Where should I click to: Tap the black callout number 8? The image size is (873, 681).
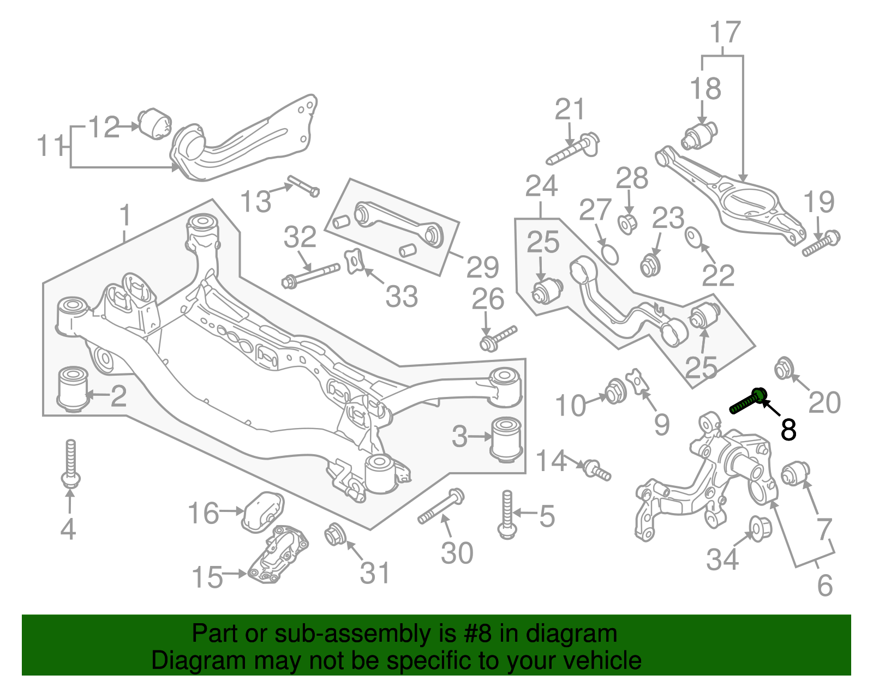788,430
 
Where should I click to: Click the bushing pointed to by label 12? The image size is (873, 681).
154,124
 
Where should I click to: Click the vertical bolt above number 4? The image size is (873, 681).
70,463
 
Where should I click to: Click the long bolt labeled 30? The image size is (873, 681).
441,508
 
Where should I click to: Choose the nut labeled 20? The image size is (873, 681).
784,368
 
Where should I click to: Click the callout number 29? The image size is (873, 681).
482,267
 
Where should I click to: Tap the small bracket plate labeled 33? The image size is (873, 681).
354,261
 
